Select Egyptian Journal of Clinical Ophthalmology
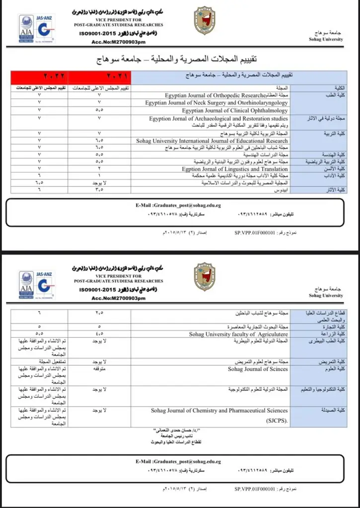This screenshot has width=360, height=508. (x=234, y=111)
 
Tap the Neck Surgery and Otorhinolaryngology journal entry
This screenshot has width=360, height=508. (x=216, y=103)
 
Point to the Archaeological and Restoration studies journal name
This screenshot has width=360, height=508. (x=218, y=119)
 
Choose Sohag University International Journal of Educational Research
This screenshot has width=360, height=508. (x=212, y=141)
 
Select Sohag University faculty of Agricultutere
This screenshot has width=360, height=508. (x=238, y=334)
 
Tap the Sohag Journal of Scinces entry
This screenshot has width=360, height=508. (x=258, y=369)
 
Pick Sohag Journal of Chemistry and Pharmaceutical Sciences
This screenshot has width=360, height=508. (x=219, y=411)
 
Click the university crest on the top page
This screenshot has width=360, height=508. (x=204, y=21)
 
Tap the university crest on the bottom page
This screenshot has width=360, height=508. (x=204, y=277)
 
